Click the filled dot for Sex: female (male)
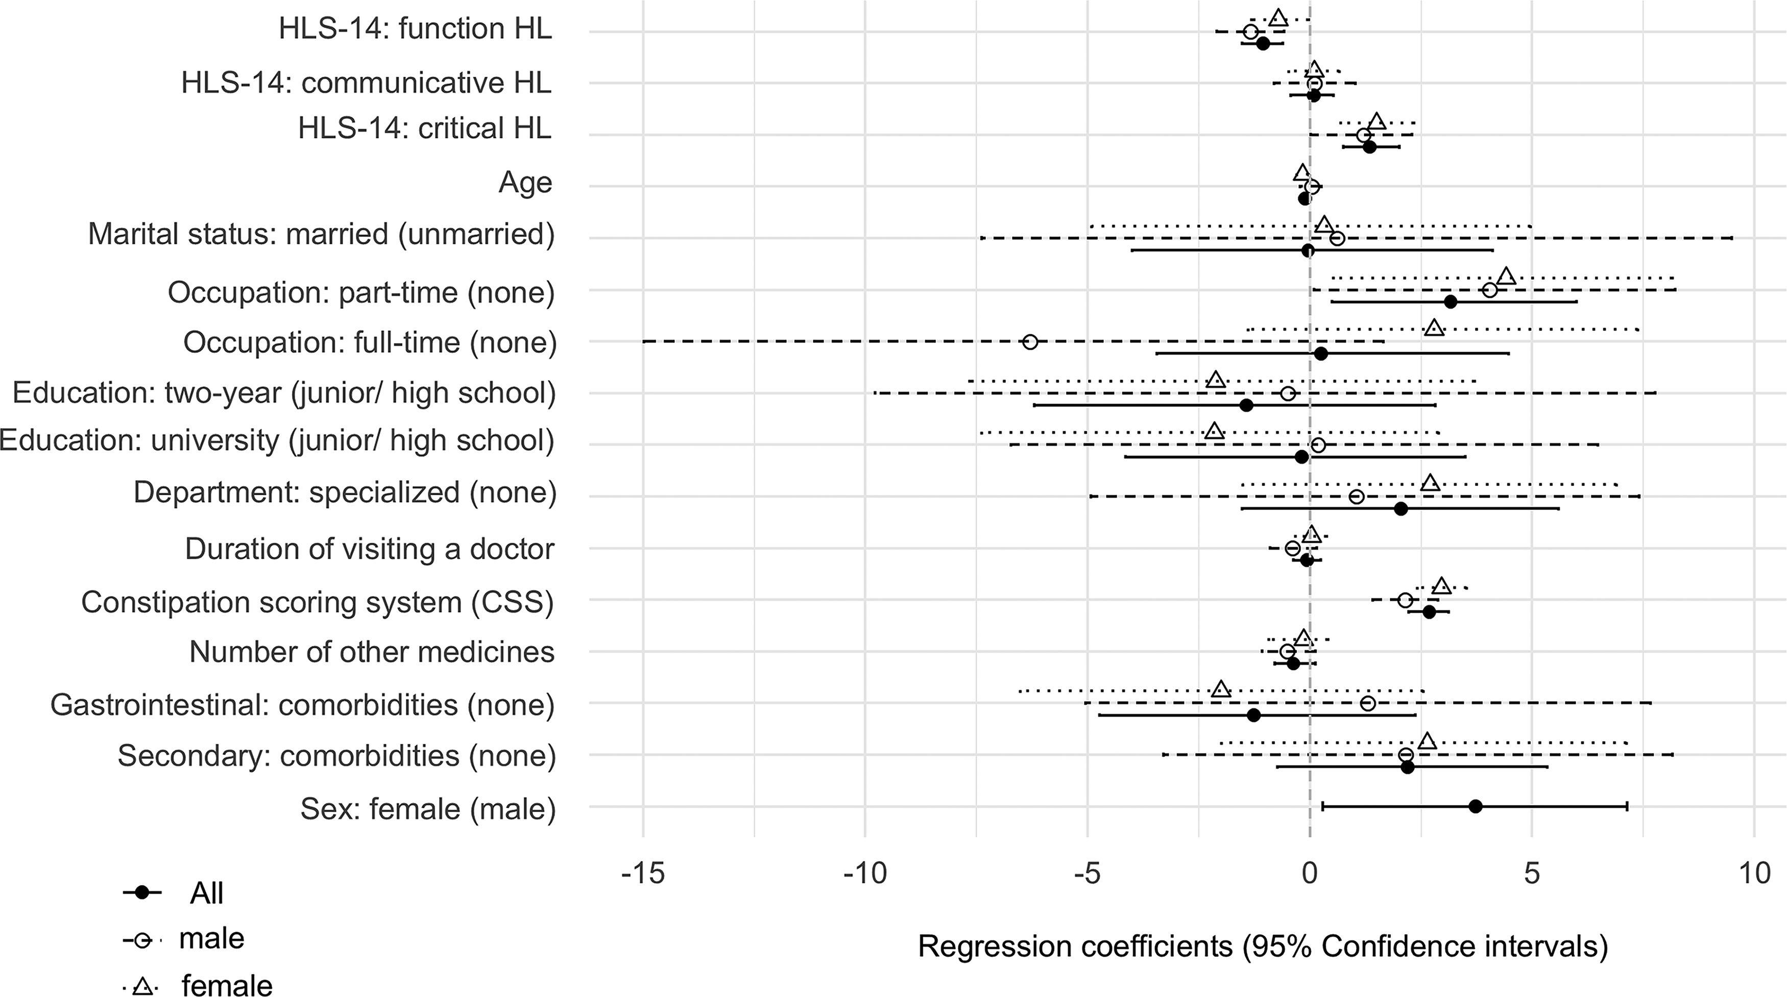pos(1476,806)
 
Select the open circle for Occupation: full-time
pos(1030,342)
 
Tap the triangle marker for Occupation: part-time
pos(1506,276)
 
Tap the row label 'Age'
pos(525,182)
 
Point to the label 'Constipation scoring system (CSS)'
pos(318,602)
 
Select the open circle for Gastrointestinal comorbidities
pos(1367,703)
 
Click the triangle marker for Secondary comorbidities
pos(1427,741)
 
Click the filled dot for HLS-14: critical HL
pos(1369,147)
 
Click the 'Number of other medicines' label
pos(372,652)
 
